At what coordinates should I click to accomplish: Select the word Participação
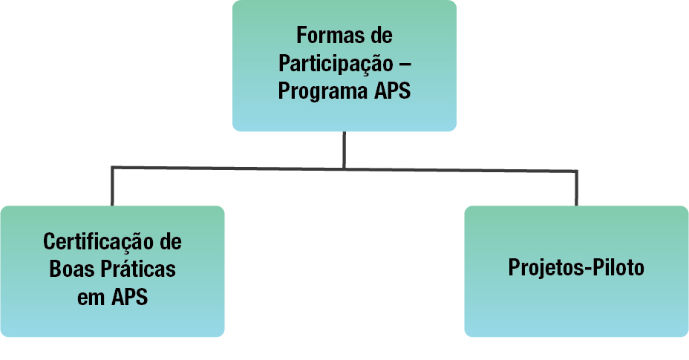(336, 64)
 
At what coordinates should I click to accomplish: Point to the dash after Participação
(405, 64)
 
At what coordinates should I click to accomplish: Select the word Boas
(69, 269)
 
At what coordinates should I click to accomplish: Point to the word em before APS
(91, 296)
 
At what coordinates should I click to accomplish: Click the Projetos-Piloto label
(576, 268)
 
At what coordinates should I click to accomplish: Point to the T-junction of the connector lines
(344, 168)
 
